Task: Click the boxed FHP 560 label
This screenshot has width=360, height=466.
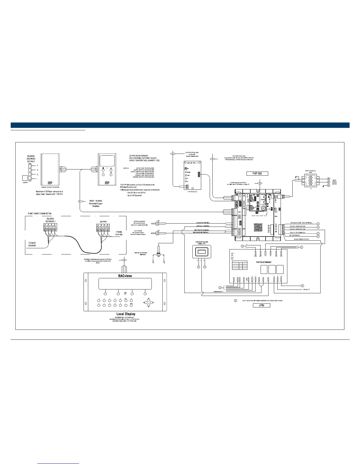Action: pyautogui.click(x=257, y=173)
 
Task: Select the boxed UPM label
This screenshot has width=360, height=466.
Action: pyautogui.click(x=261, y=305)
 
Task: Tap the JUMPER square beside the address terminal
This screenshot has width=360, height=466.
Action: pyautogui.click(x=25, y=178)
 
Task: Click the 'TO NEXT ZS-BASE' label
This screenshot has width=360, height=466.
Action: pyautogui.click(x=32, y=244)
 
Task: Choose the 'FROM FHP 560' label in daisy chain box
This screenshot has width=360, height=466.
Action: pyautogui.click(x=119, y=233)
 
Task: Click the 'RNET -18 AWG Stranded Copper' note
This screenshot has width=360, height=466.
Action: pyautogui.click(x=96, y=204)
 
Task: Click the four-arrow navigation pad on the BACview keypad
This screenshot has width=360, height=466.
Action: pyautogui.click(x=149, y=303)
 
